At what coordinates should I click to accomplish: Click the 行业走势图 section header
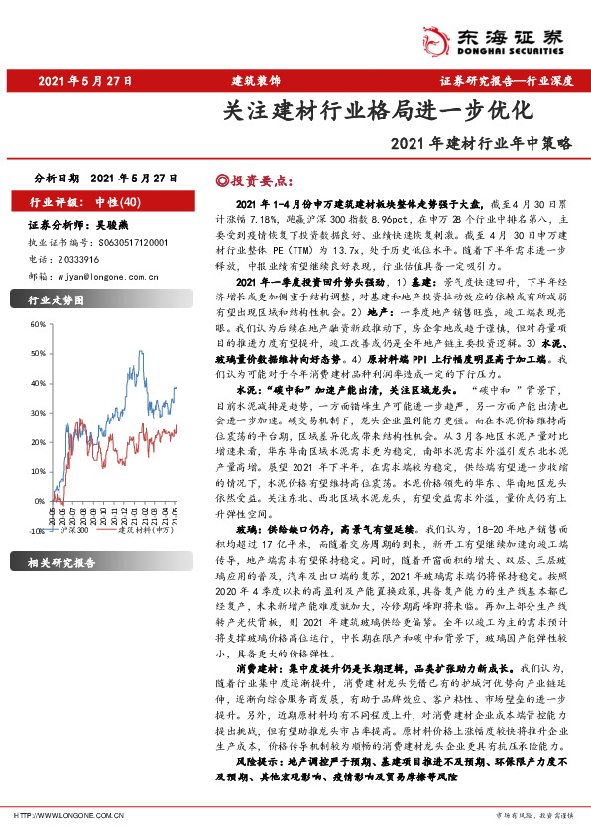pyautogui.click(x=56, y=299)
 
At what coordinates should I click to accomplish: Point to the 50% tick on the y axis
pyautogui.click(x=38, y=324)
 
